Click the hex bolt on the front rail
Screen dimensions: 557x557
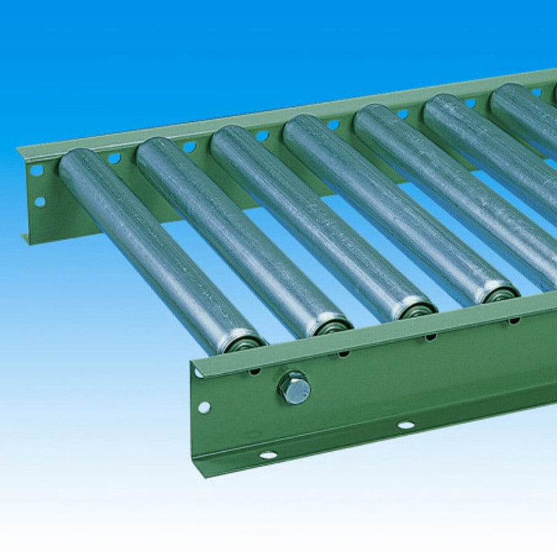pos(295,389)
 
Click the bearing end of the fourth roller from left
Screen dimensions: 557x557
pos(499,293)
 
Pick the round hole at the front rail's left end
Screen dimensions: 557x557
pos(204,407)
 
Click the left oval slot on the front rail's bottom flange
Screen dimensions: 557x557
pos(267,455)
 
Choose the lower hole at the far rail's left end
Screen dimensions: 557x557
pos(39,202)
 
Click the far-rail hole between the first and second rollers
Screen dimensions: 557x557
pos(113,158)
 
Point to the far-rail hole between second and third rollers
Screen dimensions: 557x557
pos(189,147)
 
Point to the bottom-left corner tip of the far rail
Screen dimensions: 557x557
pos(24,241)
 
